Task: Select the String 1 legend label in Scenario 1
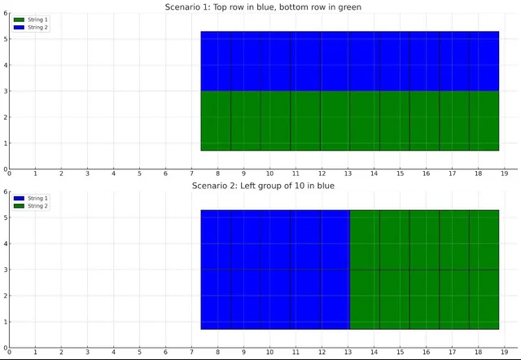pyautogui.click(x=38, y=20)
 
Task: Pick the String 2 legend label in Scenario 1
pyautogui.click(x=38, y=27)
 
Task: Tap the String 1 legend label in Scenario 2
pyautogui.click(x=38, y=198)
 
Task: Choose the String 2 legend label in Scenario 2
pyautogui.click(x=38, y=205)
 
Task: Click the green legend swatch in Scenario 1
pyautogui.click(x=19, y=20)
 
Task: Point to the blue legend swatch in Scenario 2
pyautogui.click(x=19, y=198)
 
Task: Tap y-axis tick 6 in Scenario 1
pyautogui.click(x=5, y=13)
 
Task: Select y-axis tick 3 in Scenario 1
pyautogui.click(x=5, y=91)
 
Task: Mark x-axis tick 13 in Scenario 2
pyautogui.click(x=348, y=352)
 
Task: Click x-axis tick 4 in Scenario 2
pyautogui.click(x=113, y=352)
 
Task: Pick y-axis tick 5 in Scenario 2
pyautogui.click(x=5, y=217)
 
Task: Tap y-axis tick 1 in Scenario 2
pyautogui.click(x=5, y=322)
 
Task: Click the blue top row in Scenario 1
pyautogui.click(x=350, y=61)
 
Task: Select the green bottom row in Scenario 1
pyautogui.click(x=350, y=121)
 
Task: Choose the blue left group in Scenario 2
pyautogui.click(x=275, y=270)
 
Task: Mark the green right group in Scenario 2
pyautogui.click(x=424, y=270)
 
